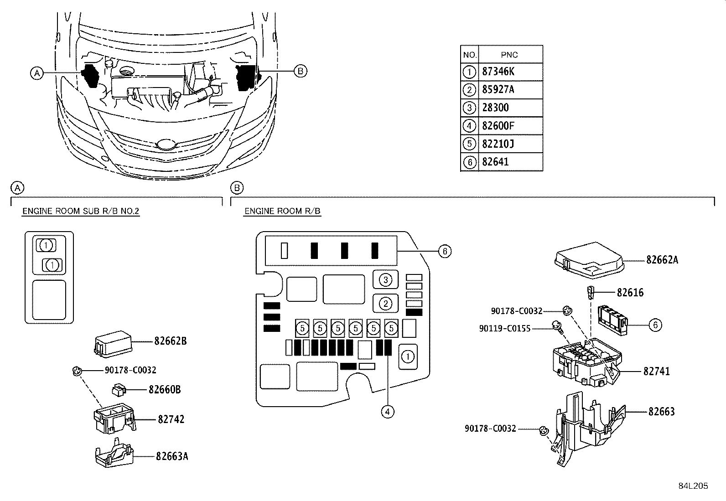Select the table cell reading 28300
click(x=495, y=108)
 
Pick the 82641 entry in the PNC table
click(x=495, y=162)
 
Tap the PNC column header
click(x=509, y=55)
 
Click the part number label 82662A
click(x=662, y=260)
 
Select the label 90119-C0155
click(x=505, y=328)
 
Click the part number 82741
click(x=657, y=372)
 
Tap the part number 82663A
click(x=172, y=456)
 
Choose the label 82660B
click(x=165, y=390)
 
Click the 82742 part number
click(x=171, y=419)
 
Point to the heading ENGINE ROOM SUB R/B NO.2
click(x=81, y=211)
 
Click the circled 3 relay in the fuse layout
click(x=386, y=279)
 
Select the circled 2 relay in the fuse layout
click(x=386, y=303)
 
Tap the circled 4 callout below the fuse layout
click(x=387, y=412)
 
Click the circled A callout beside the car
click(x=37, y=72)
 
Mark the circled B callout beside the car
click(x=300, y=71)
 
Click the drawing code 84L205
click(x=693, y=486)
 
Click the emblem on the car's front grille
click(x=165, y=145)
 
